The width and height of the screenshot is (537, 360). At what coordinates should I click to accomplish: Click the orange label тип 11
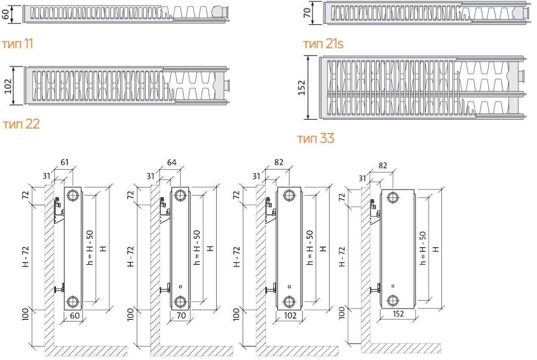[17, 44]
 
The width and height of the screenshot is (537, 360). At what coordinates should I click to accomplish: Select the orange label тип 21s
[323, 44]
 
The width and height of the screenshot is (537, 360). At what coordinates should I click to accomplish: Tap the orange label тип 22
[21, 124]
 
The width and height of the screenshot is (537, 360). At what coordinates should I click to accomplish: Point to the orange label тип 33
[316, 138]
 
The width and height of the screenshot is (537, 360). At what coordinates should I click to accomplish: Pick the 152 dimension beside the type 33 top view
[302, 88]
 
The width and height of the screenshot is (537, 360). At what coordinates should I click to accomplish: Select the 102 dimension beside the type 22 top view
[8, 86]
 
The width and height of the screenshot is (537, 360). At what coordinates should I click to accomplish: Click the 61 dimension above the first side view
[64, 162]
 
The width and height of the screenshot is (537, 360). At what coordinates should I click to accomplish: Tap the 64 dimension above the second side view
[172, 162]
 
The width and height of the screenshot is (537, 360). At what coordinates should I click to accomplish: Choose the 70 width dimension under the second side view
[181, 316]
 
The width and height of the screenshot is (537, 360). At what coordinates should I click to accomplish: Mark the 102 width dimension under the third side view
[290, 316]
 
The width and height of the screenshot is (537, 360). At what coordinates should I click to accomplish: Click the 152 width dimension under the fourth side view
[398, 314]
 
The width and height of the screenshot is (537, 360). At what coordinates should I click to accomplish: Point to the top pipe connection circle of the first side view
[73, 195]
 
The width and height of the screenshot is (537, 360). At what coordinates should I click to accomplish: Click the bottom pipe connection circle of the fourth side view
[393, 300]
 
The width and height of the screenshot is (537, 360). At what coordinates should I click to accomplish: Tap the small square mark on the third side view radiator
[289, 287]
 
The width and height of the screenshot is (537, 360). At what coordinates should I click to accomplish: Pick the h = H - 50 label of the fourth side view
[423, 248]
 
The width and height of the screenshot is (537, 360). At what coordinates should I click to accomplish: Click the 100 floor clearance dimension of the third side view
[237, 314]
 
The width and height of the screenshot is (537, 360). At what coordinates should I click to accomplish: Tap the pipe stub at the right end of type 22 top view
[226, 85]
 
